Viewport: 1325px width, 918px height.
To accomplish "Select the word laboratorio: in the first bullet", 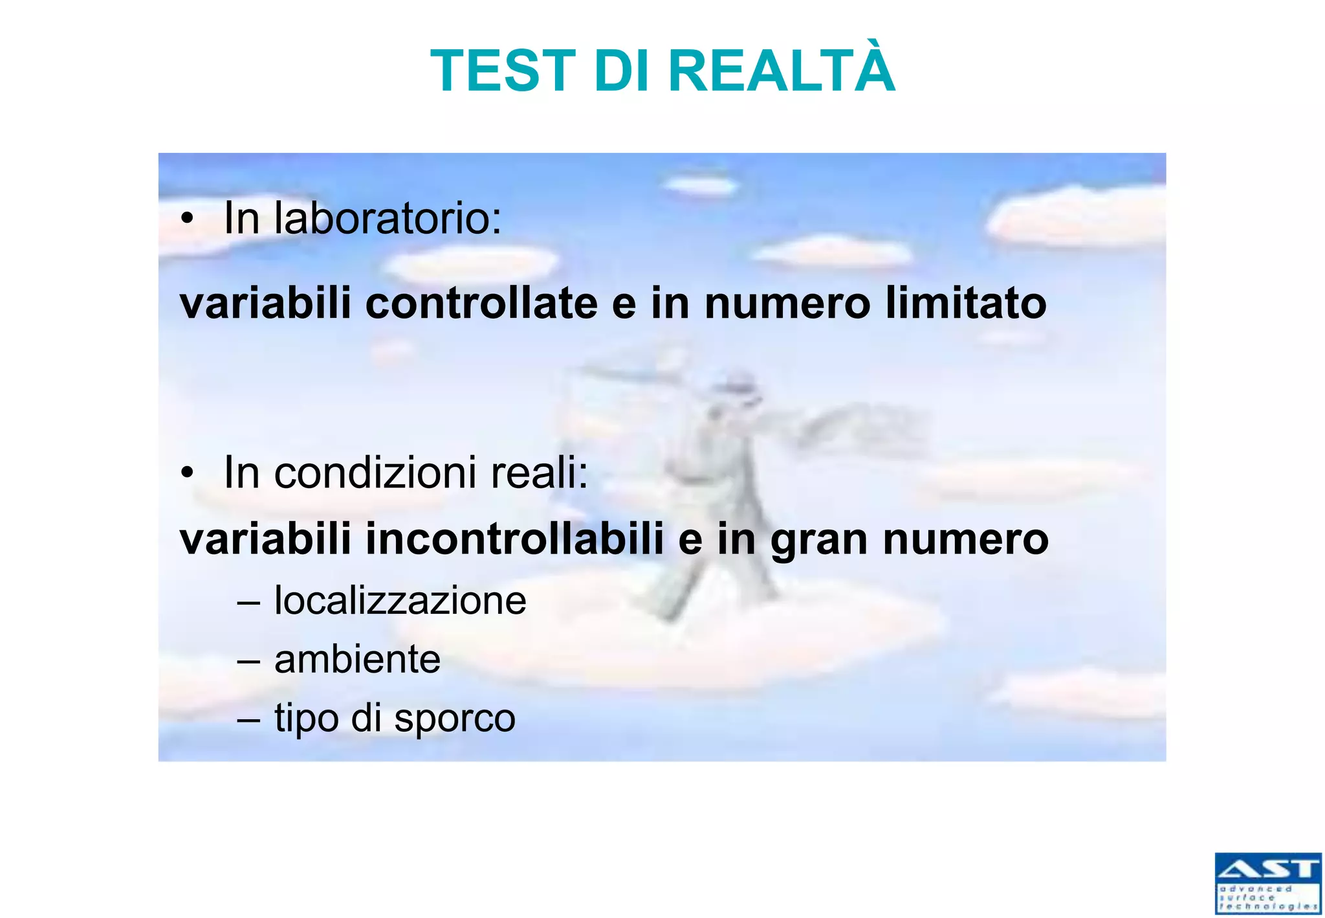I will tap(388, 218).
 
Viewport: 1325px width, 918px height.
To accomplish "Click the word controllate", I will tap(481, 303).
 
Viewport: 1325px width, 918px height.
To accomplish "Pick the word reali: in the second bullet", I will tap(540, 473).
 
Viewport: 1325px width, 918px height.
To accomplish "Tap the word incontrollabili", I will tap(515, 539).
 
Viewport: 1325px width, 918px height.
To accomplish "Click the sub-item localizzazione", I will tap(400, 601).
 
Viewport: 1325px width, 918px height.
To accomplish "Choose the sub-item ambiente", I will tap(357, 660).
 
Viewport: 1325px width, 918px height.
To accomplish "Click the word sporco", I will tap(454, 719).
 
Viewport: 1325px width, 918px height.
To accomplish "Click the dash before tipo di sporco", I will tap(248, 719).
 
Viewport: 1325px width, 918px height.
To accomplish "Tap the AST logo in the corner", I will tap(1267, 883).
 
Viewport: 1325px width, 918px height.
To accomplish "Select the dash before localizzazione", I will tap(248, 601).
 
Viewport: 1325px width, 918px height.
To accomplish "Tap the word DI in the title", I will tap(620, 71).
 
